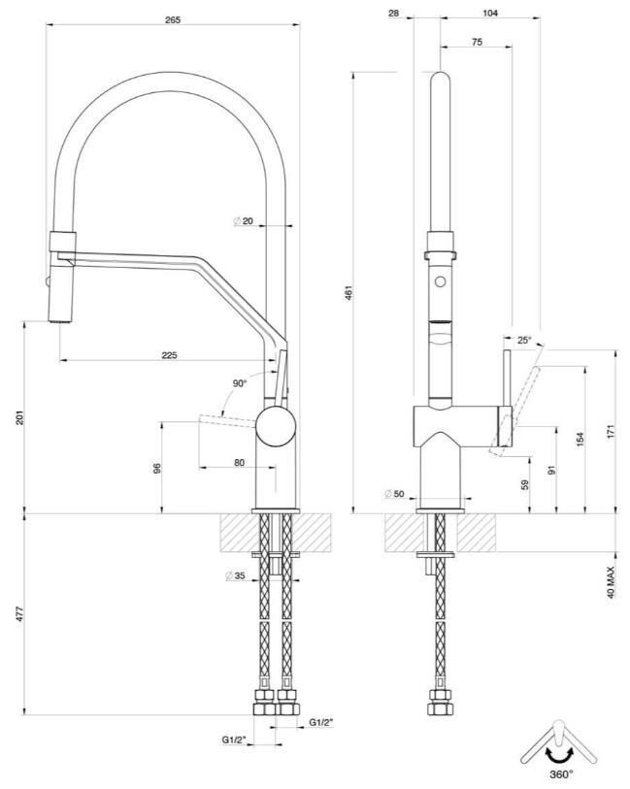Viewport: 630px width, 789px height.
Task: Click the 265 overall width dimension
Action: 172,20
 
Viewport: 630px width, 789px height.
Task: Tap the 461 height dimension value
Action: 349,292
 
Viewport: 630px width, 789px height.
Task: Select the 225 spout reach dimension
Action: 169,355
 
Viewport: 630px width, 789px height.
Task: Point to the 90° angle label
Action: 240,383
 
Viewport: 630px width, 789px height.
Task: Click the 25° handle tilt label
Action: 524,341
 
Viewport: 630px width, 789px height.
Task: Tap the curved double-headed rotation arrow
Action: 559,754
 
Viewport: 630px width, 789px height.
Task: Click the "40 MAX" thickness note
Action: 612,582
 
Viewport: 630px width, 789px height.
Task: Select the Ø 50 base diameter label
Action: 394,494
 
